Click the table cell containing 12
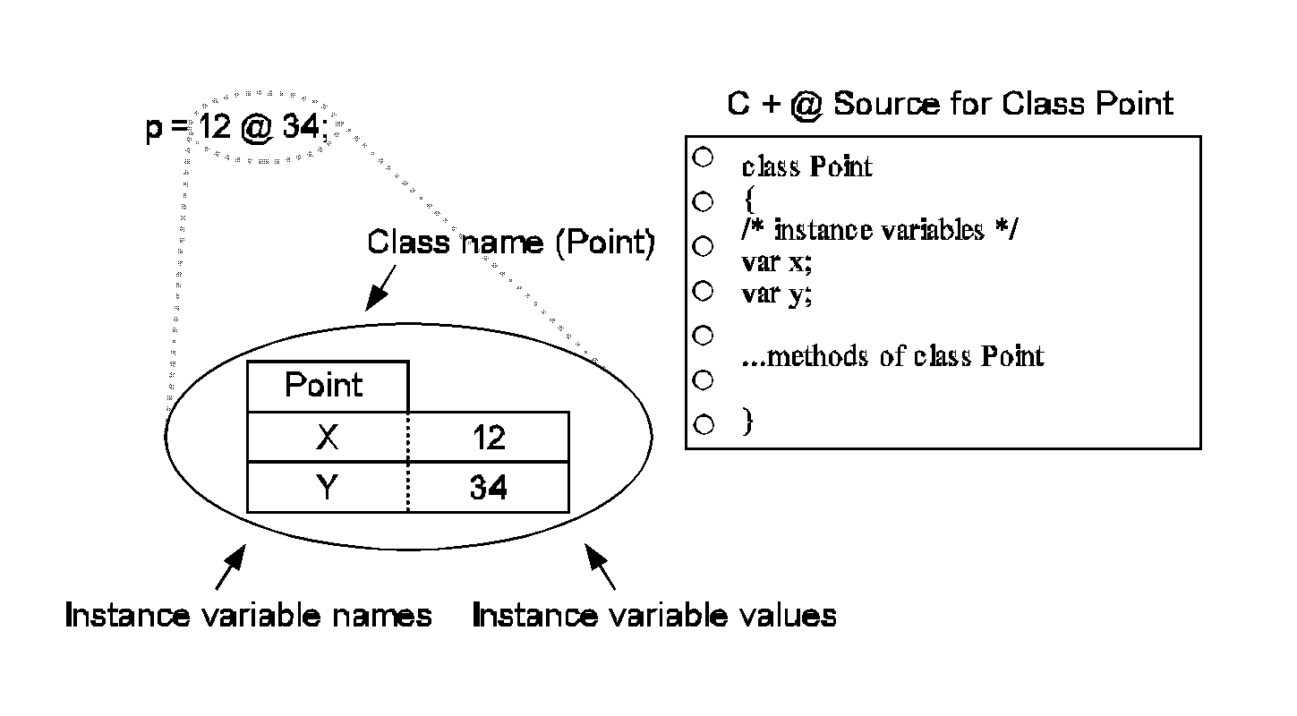coord(489,437)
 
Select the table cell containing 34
coord(489,488)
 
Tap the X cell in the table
coord(328,437)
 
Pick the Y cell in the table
coord(328,488)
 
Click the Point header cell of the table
coord(328,386)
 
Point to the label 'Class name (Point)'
coord(511,243)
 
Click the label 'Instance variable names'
coord(249,616)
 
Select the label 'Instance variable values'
coord(653,616)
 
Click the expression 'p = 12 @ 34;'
coord(236,128)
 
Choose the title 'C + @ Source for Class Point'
coord(949,104)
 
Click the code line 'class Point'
coord(806,167)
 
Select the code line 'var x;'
coord(777,262)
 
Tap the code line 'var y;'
coord(777,294)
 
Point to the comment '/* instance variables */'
coord(880,230)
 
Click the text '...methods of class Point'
coord(893,357)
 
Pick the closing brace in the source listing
coord(747,422)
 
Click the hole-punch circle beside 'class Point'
coord(703,157)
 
